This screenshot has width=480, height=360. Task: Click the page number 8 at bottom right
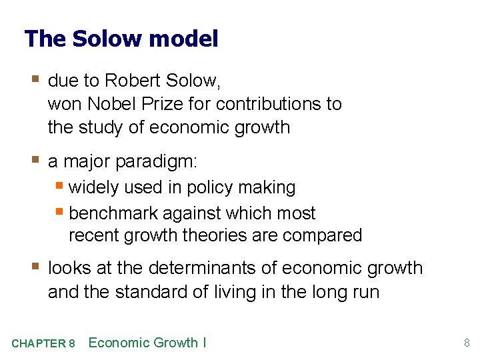[x=467, y=343]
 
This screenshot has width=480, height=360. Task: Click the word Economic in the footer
[x=119, y=343]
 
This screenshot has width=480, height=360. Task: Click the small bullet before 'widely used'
[x=60, y=187]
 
